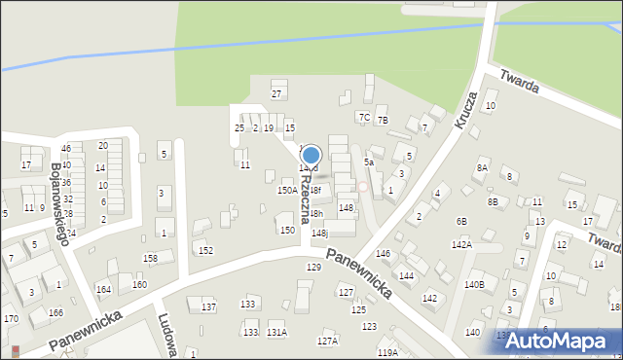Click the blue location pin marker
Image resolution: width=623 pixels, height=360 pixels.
click(311, 155)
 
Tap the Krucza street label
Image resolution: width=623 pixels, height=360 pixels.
click(465, 110)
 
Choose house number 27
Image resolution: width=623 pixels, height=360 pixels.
click(276, 93)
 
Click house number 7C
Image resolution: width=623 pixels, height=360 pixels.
click(364, 117)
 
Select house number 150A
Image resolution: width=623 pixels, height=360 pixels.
click(287, 191)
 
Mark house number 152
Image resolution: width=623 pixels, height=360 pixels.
click(206, 250)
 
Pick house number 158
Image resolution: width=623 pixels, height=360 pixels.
click(151, 258)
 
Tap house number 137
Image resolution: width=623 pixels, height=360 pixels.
click(208, 306)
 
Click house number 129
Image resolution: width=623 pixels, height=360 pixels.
click(313, 267)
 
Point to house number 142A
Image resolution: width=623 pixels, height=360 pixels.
click(461, 244)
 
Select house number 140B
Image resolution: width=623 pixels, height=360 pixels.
click(474, 284)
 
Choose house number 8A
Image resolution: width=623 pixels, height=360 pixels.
click(482, 167)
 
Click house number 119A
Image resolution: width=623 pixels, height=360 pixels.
click(387, 352)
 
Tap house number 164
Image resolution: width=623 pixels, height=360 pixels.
click(103, 289)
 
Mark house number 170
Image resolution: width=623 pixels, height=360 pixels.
click(11, 318)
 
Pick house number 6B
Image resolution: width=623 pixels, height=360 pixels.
click(461, 222)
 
